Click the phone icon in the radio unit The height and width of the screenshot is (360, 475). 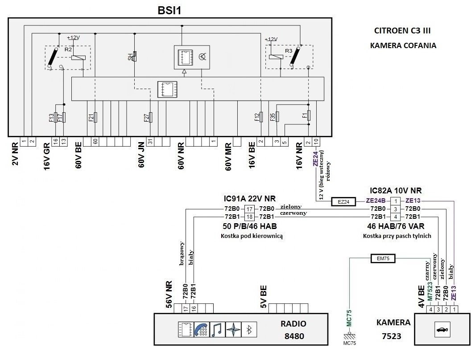point(201,330)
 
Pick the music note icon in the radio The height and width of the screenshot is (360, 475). point(217,330)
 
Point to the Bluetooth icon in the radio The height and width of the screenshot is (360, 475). point(249,330)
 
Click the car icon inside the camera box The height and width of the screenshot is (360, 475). point(442,330)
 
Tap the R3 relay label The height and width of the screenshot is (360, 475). point(288,51)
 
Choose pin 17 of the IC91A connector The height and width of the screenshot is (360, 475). point(250,209)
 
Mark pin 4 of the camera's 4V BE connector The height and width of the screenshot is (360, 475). point(430,309)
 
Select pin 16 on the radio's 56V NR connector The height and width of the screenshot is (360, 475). point(193,308)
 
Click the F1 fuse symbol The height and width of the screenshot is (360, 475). point(309,117)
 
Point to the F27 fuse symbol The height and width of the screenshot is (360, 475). point(151,117)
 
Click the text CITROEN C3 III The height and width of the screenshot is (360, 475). point(403,31)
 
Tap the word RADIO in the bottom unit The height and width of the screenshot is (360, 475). point(293,323)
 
